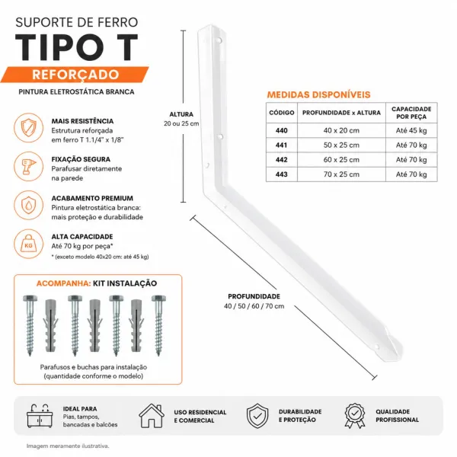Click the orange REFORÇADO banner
click(x=75, y=75)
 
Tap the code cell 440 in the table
click(x=282, y=130)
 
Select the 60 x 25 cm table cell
click(x=341, y=160)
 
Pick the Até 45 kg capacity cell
click(x=411, y=130)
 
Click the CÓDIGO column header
click(x=282, y=113)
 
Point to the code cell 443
click(x=282, y=174)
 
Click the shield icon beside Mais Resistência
click(x=29, y=128)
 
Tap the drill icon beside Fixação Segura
click(x=29, y=166)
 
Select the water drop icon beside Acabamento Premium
click(x=29, y=205)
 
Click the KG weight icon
click(x=29, y=244)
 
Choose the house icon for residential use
click(x=152, y=416)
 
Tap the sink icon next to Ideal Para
click(x=40, y=416)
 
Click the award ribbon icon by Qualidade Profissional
click(x=355, y=416)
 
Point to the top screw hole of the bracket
click(x=219, y=40)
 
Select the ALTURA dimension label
click(x=181, y=114)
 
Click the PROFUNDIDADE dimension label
click(x=254, y=296)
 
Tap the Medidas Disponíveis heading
click(x=318, y=94)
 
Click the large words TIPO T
click(x=76, y=47)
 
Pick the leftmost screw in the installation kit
click(x=30, y=325)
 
